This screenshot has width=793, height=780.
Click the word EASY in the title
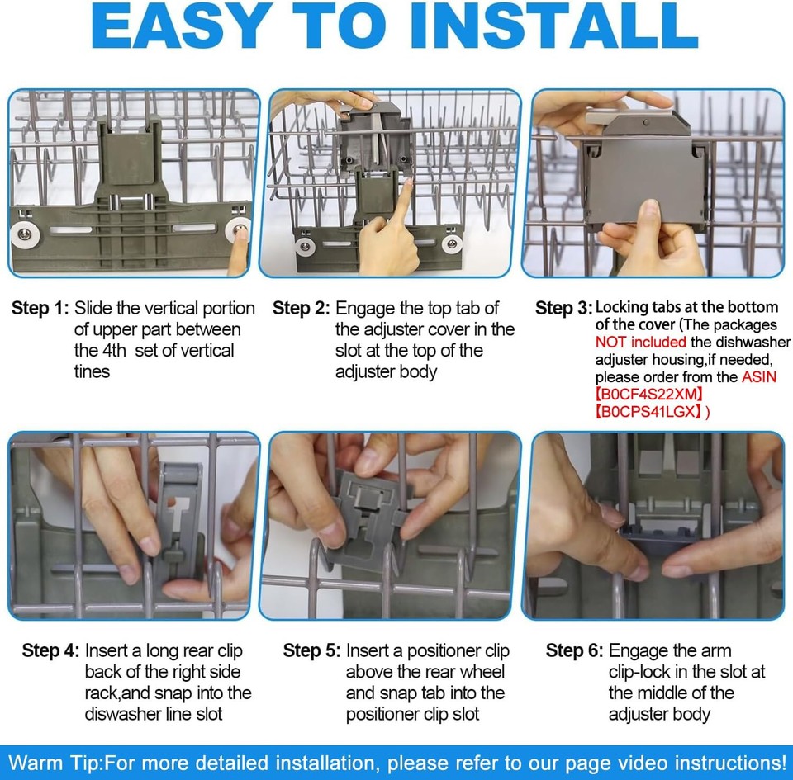point(181,26)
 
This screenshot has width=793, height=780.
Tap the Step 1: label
point(40,308)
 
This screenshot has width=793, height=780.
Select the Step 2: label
point(301,308)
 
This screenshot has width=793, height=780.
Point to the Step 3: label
point(564,308)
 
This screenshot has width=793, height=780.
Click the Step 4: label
point(50,650)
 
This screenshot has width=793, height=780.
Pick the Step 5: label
point(312,650)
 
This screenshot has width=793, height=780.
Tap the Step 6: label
point(575,650)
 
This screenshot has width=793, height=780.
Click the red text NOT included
point(641,342)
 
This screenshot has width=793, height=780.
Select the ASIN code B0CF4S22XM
point(649,394)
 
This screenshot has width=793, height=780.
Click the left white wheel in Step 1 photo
point(24,234)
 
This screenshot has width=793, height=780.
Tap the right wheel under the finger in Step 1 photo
point(238,229)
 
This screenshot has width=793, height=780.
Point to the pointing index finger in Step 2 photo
point(402,207)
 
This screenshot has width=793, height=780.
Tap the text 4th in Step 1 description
point(114,350)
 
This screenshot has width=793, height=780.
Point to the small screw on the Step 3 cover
point(646,123)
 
